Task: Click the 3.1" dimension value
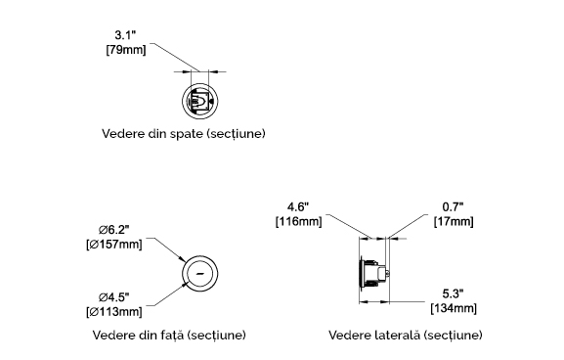coord(125,35)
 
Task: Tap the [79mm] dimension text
coord(126,49)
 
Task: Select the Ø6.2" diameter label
coord(114,229)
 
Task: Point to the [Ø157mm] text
coord(114,245)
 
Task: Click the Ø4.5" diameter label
coord(114,297)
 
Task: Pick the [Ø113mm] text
coord(114,311)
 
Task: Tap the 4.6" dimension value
coord(298,207)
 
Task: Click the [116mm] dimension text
coord(298,221)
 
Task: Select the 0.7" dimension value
coord(453,207)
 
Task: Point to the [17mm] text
coord(454,221)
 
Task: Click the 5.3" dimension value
coord(453,293)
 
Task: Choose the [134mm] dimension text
coord(454,308)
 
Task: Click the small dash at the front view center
coord(200,273)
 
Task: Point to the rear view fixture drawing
coord(199,102)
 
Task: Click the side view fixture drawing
coord(374,273)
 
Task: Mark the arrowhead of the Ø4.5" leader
coord(186,285)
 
